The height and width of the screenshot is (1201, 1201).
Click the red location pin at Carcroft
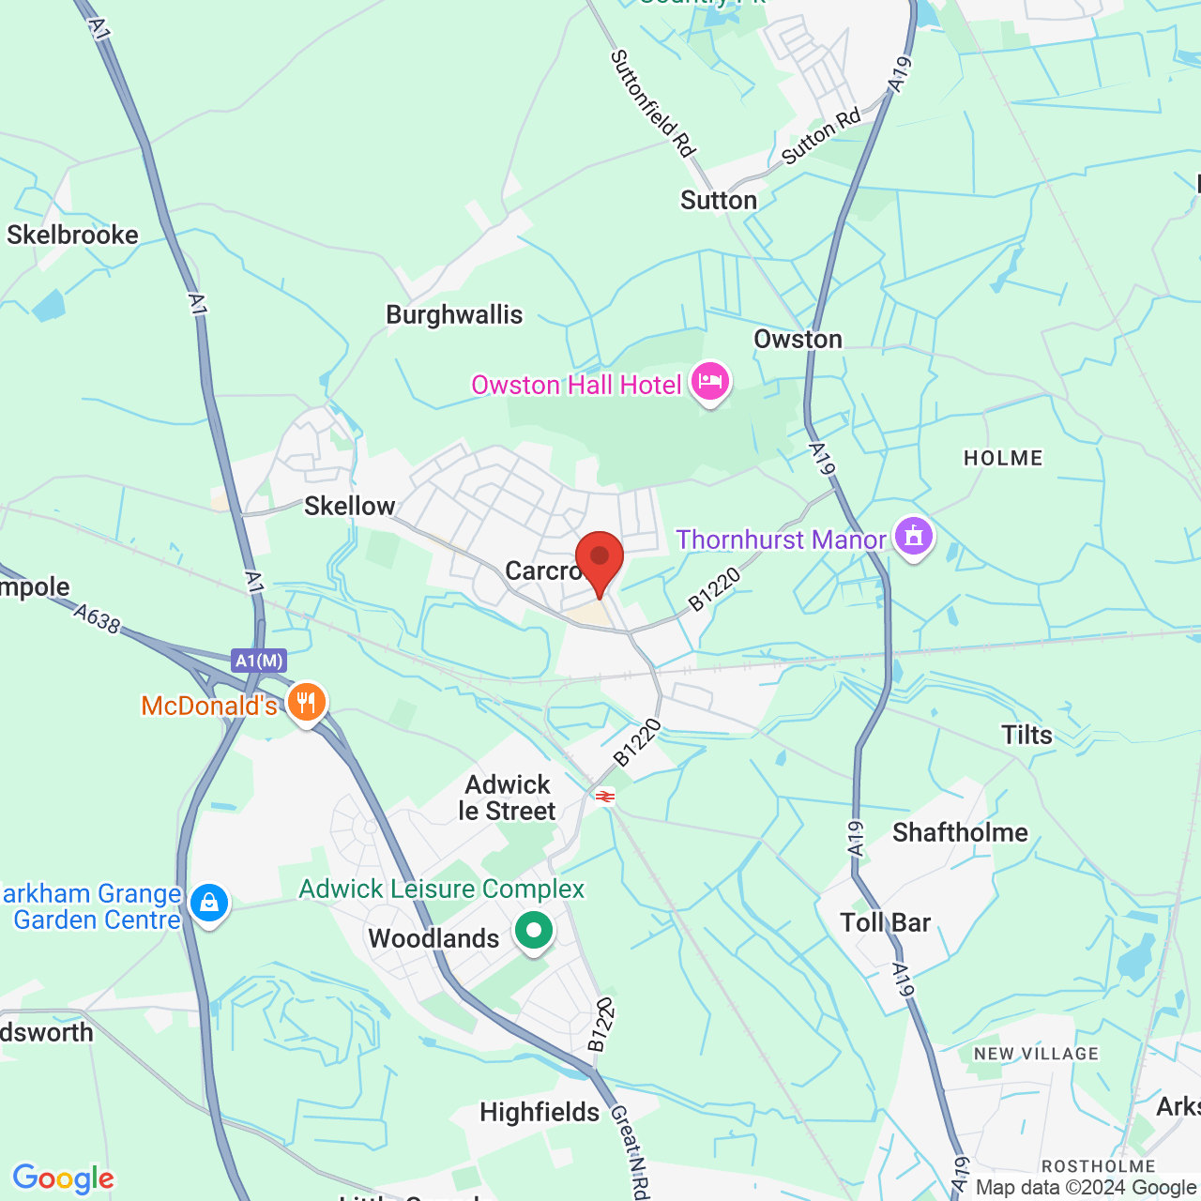[599, 560]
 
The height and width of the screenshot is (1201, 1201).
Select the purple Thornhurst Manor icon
[914, 538]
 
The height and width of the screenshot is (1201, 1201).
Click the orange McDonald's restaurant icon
[306, 703]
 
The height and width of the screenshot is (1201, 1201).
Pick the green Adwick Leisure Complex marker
[534, 932]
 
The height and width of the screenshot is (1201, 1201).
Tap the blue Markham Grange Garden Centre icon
[208, 904]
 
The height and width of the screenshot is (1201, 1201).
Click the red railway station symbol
[605, 797]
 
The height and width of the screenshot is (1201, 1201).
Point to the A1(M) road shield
[259, 661]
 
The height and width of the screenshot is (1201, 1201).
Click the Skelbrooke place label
[72, 235]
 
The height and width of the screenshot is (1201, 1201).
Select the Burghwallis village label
[454, 314]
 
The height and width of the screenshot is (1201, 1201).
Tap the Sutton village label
[719, 200]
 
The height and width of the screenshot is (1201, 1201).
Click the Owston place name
[798, 339]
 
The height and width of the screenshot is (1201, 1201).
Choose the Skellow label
[349, 506]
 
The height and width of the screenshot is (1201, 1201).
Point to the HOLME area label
[1003, 458]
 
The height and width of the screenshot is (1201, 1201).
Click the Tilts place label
[1026, 735]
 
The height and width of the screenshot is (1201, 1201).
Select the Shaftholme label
[960, 832]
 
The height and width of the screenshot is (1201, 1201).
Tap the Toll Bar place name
[885, 922]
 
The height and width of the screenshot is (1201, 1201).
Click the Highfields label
[540, 1112]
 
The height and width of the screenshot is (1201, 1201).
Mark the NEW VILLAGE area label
[1036, 1054]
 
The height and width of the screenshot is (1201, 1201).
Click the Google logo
[63, 1178]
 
